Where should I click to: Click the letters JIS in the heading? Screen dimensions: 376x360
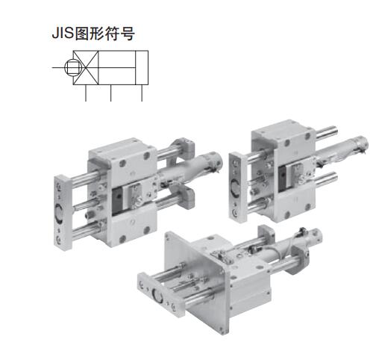coord(63,34)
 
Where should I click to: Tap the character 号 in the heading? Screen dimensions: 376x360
coord(128,34)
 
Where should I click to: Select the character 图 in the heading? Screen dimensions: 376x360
coord(82,34)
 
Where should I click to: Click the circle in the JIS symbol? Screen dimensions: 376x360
coord(73,67)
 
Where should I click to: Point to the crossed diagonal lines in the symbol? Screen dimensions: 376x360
coord(86,67)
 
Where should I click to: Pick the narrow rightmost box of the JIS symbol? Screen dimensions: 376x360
coord(142,67)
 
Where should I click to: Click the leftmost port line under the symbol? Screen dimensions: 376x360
coord(86,93)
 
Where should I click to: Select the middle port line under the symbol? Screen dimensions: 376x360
coord(110,93)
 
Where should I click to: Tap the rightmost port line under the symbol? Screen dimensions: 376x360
coord(142,93)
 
